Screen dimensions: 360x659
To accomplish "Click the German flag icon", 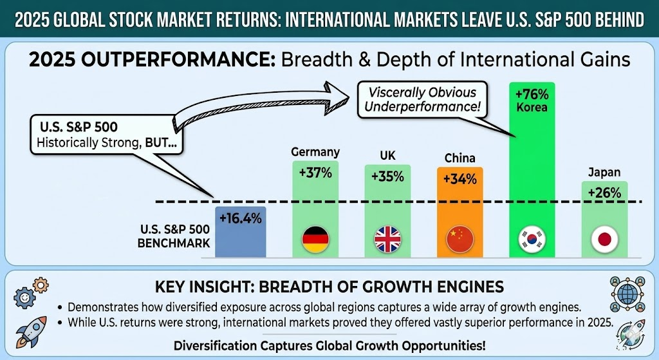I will [315, 240].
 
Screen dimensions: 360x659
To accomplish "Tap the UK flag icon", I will [387, 240].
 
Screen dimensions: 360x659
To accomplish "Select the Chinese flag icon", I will [459, 240].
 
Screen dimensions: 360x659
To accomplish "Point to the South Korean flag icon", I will [532, 240].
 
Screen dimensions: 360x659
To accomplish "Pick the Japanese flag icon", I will [604, 240].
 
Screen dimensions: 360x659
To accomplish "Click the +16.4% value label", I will [240, 218].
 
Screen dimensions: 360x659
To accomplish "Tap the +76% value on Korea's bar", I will [532, 94].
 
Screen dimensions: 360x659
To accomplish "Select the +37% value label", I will [315, 173].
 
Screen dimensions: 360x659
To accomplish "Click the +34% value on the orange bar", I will [459, 179].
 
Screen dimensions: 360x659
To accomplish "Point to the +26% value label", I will [604, 192].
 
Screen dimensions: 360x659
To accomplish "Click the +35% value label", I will [387, 176].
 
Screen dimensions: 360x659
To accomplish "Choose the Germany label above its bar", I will [315, 152].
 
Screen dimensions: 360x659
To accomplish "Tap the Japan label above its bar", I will [604, 172].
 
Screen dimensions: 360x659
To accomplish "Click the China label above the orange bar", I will [459, 158].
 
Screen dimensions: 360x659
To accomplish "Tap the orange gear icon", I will [40, 284].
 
